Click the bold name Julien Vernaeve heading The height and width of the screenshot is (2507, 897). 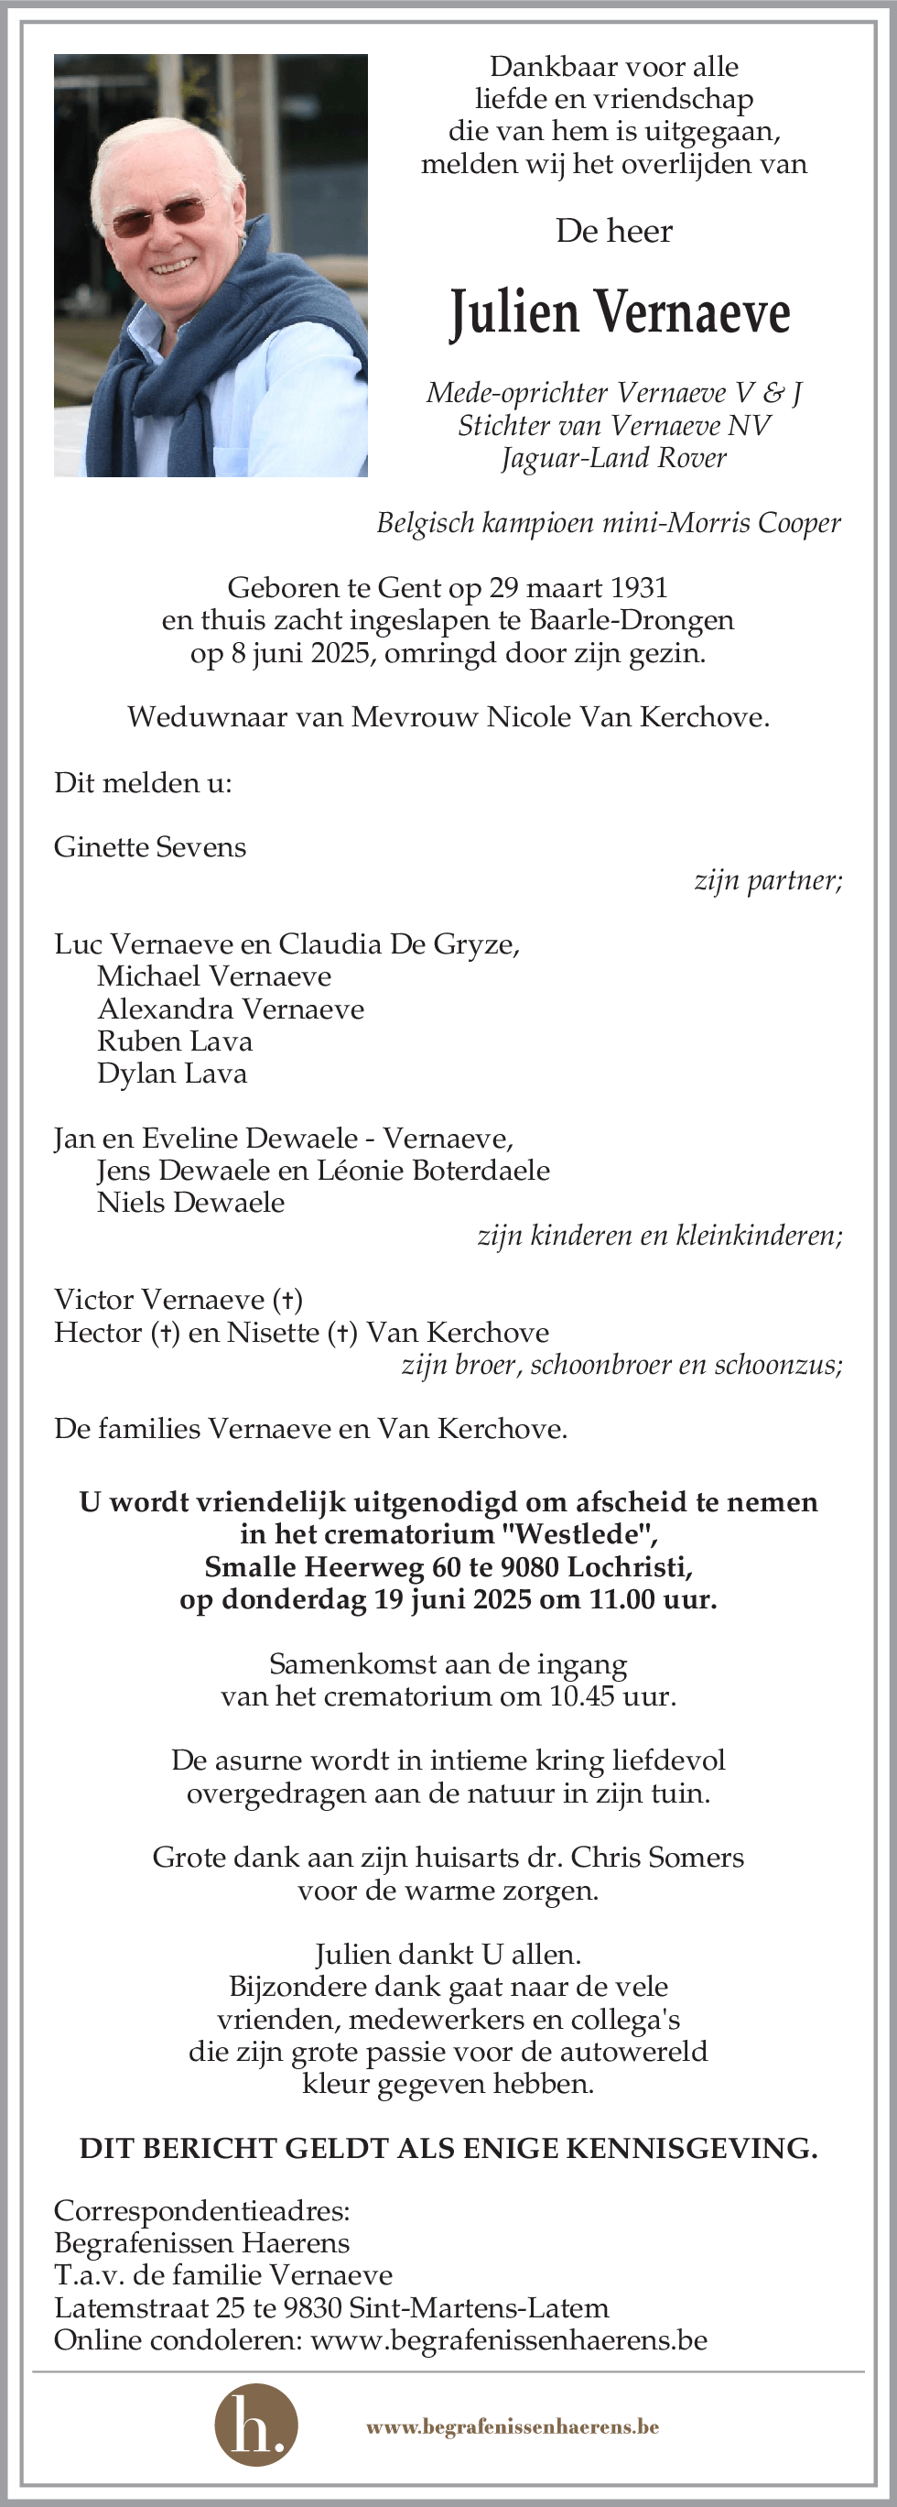[x=620, y=313]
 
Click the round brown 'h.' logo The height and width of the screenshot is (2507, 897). [x=256, y=2425]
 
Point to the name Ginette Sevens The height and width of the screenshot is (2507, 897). [x=150, y=846]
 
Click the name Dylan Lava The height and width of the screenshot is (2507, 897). [x=172, y=1074]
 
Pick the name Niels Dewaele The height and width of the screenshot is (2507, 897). [x=190, y=1203]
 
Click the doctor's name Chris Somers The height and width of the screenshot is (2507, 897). [x=656, y=1858]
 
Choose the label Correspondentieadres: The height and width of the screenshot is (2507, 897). [x=202, y=2211]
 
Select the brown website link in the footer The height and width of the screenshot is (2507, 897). [x=513, y=2426]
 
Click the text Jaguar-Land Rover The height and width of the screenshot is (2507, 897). [x=614, y=458]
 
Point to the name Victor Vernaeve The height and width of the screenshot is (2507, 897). [x=161, y=1301]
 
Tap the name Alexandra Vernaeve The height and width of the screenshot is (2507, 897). [x=231, y=1009]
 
